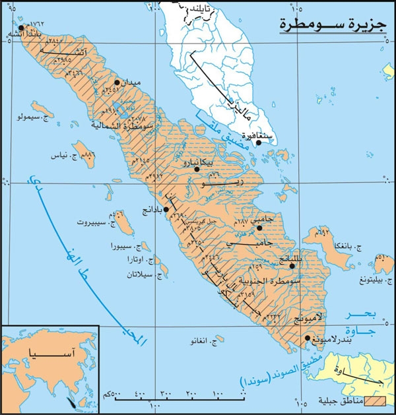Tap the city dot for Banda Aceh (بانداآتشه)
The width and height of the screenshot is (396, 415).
(21, 28)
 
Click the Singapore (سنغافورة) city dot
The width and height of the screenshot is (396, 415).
(259, 142)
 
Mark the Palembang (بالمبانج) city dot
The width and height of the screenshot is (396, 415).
(292, 266)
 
